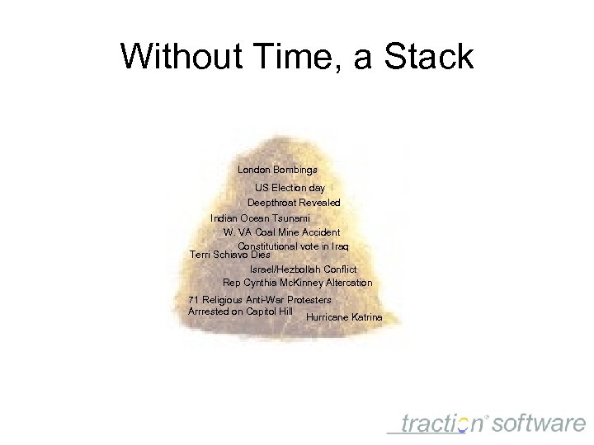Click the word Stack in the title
[x=431, y=57]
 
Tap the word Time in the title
[x=297, y=57]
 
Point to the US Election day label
[x=290, y=188]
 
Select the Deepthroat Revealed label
[x=294, y=202]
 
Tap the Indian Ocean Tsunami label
[x=260, y=218]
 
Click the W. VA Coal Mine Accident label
[x=281, y=232]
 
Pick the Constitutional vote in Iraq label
[x=293, y=246]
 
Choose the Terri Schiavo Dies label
[x=229, y=255]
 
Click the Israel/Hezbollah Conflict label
[x=303, y=269]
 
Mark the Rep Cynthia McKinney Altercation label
[x=297, y=283]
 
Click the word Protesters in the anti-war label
[x=304, y=299]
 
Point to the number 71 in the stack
[x=194, y=299]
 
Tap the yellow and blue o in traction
[x=463, y=424]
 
